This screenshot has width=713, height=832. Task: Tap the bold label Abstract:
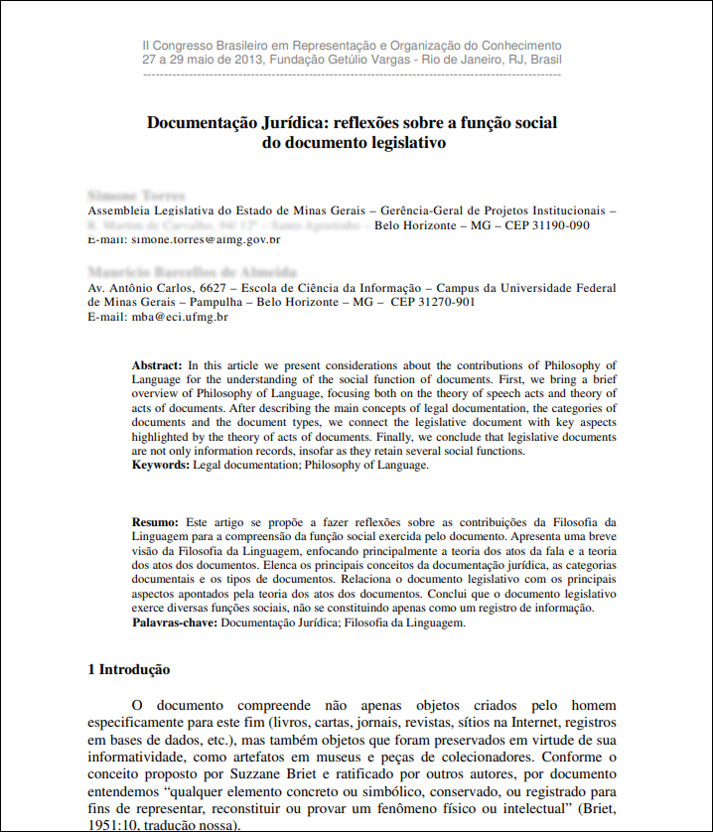157,366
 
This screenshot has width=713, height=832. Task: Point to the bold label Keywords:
161,465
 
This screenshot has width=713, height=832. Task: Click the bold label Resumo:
156,521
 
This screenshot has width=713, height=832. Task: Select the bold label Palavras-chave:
176,623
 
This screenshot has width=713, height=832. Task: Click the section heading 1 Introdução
129,670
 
